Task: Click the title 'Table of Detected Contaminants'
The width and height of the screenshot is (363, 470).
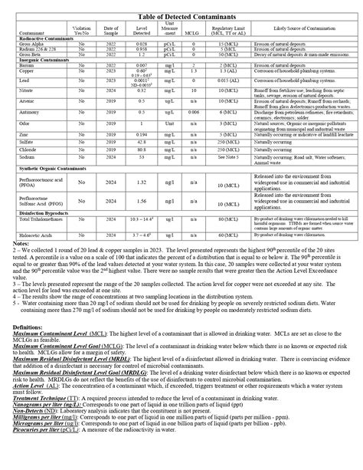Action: tap(181, 15)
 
